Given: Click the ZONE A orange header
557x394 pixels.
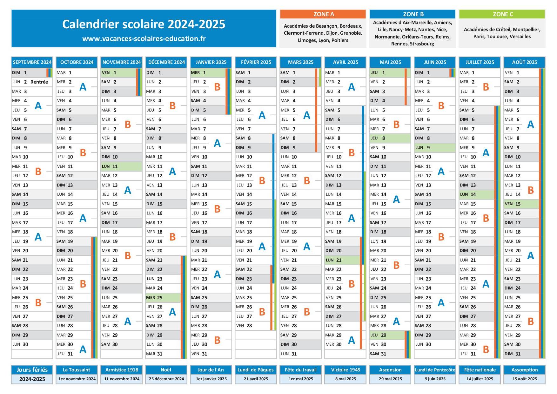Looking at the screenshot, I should [x=323, y=14].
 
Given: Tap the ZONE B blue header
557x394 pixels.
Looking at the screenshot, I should [x=413, y=14].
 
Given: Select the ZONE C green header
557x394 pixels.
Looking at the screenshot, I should [x=502, y=14].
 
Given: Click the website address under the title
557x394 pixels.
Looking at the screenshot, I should [x=144, y=39].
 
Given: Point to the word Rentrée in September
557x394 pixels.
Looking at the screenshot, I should [x=39, y=82].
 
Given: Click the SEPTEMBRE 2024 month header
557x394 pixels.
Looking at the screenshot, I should [x=32, y=62].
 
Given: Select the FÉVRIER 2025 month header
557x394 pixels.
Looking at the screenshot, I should [x=256, y=62].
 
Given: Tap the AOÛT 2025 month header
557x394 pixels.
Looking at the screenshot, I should [x=524, y=62].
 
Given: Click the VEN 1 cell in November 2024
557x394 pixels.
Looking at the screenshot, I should [x=118, y=73].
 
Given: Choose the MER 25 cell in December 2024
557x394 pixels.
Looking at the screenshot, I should [x=163, y=298].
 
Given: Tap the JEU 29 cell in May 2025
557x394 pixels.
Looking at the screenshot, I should [x=386, y=335].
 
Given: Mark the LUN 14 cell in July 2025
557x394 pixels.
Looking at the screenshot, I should [x=476, y=194].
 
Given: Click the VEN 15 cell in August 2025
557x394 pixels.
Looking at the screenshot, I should [x=521, y=204].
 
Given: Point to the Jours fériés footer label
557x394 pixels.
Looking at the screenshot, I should [x=32, y=370].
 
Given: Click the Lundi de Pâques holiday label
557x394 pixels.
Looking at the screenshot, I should [x=256, y=370].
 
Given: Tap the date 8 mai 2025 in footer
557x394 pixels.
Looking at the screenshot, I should [x=346, y=379].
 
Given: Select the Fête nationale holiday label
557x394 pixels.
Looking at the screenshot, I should [x=480, y=370].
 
